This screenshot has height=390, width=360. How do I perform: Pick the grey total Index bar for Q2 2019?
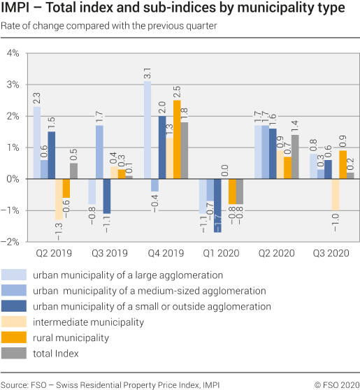(73, 171)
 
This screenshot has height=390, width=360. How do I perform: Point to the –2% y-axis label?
(12, 242)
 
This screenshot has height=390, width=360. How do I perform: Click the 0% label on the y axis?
(14, 179)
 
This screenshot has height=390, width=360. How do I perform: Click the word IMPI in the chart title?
(17, 9)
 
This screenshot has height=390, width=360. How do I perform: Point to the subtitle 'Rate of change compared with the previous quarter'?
(108, 26)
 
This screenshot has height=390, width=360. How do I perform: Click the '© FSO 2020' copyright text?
(336, 384)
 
